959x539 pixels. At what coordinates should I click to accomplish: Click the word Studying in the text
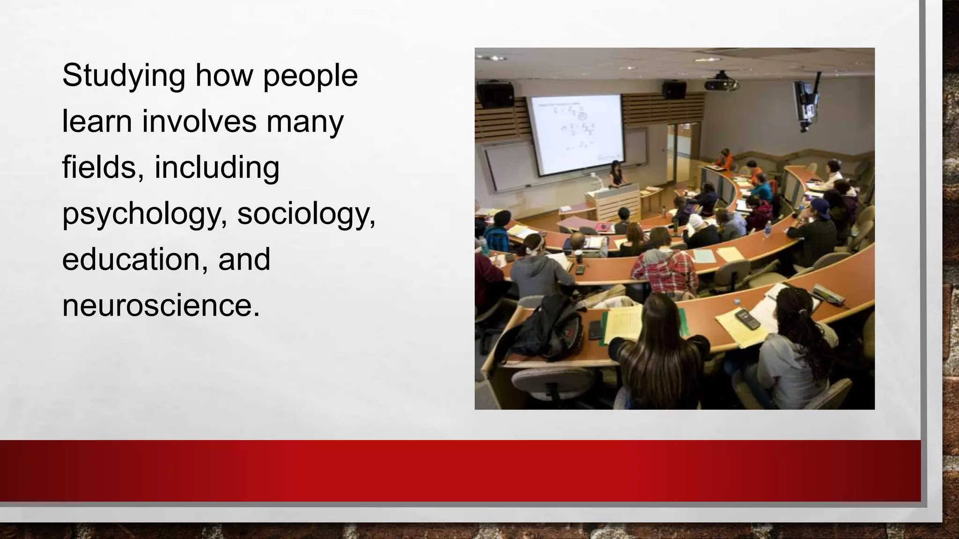[124, 76]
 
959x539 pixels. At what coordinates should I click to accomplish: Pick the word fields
[103, 168]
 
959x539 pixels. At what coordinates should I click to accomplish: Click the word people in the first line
[310, 76]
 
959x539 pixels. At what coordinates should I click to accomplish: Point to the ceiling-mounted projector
[722, 82]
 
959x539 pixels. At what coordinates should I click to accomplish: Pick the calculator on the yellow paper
[748, 319]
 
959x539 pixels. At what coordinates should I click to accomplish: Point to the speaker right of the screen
[674, 89]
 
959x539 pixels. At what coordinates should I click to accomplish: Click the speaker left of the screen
[494, 93]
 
